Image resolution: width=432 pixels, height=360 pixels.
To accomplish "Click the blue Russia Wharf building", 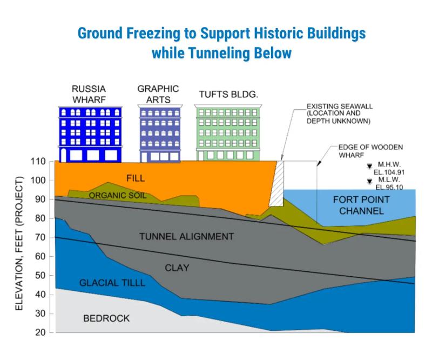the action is click(90, 135).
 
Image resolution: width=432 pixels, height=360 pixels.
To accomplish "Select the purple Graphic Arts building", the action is click(160, 134).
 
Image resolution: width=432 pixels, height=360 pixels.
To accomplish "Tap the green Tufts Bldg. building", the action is click(228, 132).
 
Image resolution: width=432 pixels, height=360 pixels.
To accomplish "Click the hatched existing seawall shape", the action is click(276, 183).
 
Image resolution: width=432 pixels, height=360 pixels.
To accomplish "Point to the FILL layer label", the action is click(136, 178).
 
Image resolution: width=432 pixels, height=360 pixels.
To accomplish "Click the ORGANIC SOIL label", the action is click(118, 195).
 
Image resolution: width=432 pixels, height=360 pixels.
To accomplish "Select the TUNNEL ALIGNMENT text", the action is click(186, 236).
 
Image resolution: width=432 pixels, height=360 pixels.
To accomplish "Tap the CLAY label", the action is click(177, 268).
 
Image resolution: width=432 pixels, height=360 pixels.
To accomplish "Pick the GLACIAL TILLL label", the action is click(112, 283).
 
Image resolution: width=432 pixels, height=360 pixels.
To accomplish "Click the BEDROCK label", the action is click(106, 318).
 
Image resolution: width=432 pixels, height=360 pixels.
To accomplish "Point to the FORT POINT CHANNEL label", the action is click(361, 205).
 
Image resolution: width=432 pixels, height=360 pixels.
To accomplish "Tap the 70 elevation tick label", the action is click(40, 237).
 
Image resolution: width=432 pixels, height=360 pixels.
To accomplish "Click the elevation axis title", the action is click(19, 243).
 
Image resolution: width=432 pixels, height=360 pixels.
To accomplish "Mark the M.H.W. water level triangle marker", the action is click(369, 166).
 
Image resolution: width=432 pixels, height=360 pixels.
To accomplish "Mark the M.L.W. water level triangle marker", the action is click(369, 181).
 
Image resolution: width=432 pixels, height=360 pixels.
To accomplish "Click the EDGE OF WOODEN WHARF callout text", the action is click(370, 151).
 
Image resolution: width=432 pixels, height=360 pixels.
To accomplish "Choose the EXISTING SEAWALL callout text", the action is click(340, 114).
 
